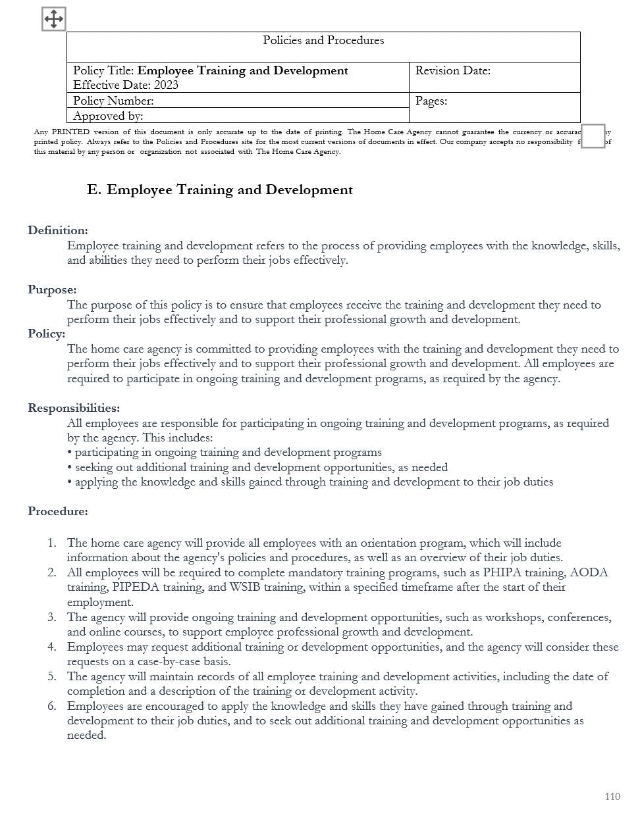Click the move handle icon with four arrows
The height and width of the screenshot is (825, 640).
pos(53,19)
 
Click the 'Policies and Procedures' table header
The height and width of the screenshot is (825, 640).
pos(323,41)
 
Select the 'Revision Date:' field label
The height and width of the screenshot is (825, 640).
pos(453,71)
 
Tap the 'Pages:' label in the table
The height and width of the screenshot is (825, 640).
pos(431,101)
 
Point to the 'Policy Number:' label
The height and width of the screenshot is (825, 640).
pos(113,101)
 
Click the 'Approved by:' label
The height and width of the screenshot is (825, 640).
pos(108,116)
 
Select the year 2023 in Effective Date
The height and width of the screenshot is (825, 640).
pos(166,85)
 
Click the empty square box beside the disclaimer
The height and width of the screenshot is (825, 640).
pos(593,136)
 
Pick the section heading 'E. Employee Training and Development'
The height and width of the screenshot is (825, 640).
pos(220,190)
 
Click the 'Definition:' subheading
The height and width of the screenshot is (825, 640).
pos(58,231)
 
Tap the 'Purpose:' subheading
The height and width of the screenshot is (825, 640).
pos(52,289)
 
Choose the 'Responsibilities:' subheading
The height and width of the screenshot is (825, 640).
pos(74,409)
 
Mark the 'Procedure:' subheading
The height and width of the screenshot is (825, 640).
pos(58,511)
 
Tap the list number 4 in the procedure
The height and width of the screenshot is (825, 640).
pos(51,647)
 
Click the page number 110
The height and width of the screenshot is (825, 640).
pos(612,797)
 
